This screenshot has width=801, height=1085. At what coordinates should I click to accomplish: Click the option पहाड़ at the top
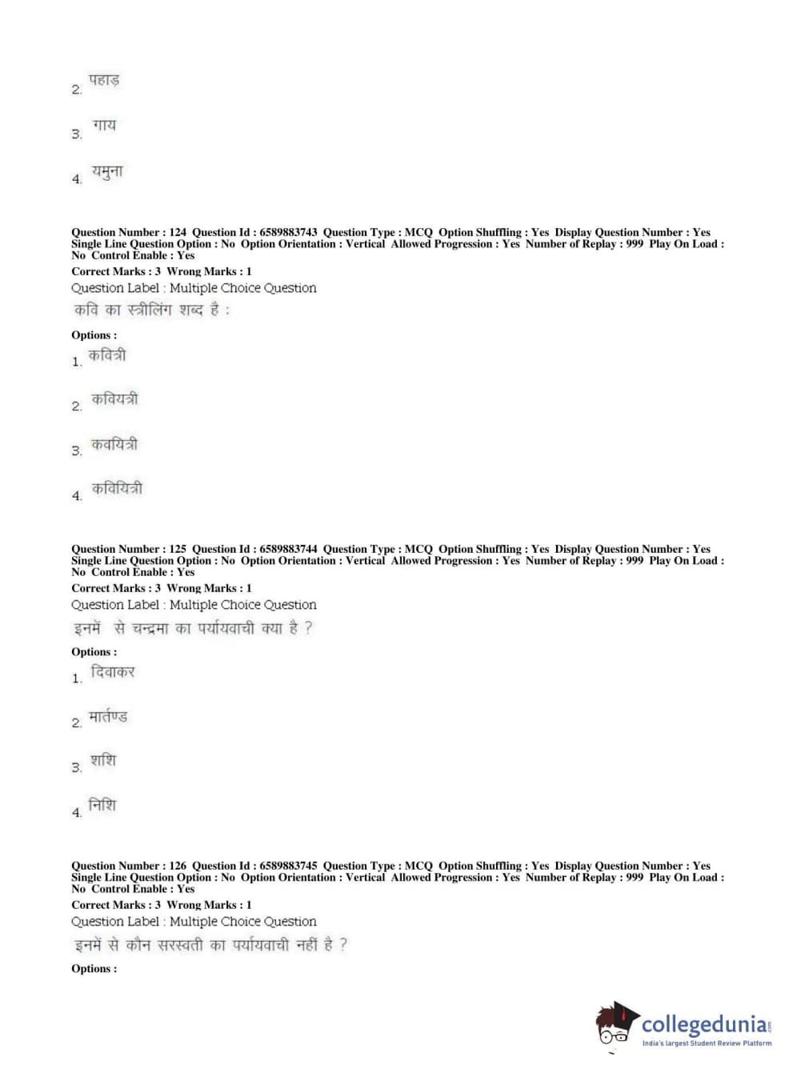point(103,81)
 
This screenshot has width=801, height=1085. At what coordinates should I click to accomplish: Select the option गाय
point(104,126)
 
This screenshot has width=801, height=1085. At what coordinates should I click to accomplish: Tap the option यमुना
point(107,171)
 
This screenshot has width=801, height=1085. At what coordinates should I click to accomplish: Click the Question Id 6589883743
point(288,232)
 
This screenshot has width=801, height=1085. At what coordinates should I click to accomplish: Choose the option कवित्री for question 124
point(106,355)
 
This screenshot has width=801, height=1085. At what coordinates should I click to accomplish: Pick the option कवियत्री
point(114,398)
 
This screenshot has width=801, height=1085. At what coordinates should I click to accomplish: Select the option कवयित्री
point(114,444)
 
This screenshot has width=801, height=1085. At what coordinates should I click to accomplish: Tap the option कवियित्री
point(117,488)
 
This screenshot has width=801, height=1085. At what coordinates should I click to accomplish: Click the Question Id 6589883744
point(288,549)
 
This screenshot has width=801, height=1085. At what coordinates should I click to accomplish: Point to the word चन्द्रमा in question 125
point(150,629)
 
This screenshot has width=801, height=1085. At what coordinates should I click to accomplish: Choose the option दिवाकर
point(112,672)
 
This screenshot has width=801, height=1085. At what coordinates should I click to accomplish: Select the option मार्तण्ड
point(108,717)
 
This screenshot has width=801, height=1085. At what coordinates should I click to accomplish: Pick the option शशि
point(103,760)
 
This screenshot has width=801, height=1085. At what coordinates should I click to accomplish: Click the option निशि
point(102,805)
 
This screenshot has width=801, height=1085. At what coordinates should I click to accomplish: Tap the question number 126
point(178,866)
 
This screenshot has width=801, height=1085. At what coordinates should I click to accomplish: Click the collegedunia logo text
point(704,1024)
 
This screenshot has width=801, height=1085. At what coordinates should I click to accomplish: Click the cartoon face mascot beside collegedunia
point(615,1026)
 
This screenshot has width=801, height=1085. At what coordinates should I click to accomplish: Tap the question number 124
point(178,232)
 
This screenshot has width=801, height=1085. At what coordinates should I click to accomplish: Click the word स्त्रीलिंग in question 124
point(150,310)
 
